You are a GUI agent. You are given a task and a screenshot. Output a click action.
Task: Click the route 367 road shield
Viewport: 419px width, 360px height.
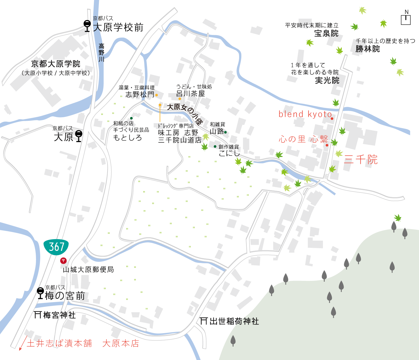click(x=56, y=247)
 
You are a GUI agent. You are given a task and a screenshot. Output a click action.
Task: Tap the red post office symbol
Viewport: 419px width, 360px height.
click(x=63, y=261)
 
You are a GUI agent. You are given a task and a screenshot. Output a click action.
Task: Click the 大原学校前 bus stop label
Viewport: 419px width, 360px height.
click(x=118, y=28)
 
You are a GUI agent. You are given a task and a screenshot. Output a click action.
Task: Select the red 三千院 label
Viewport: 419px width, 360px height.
click(x=361, y=160)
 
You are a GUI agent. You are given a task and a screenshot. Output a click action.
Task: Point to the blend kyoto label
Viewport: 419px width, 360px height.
click(x=305, y=114)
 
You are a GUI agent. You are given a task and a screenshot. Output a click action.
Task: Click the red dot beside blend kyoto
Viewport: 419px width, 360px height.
click(x=332, y=119)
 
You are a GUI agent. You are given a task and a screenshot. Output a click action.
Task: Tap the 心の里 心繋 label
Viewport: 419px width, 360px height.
click(x=303, y=139)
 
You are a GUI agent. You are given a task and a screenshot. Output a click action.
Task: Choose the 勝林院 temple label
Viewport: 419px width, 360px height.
click(x=368, y=49)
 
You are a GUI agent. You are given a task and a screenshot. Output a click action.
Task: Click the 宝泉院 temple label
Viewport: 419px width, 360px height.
click(x=326, y=33)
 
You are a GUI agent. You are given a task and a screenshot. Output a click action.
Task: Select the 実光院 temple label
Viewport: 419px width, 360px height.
click(x=327, y=81)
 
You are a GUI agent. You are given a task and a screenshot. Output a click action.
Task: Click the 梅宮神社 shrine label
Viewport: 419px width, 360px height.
click(x=59, y=315)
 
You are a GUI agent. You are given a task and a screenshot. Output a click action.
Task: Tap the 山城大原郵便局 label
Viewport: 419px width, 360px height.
click(x=88, y=270)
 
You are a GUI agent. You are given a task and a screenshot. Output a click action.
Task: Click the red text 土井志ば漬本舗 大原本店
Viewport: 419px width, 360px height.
click(x=83, y=343)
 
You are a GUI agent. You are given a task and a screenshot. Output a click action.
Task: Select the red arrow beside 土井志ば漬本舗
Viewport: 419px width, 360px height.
click(x=22, y=343)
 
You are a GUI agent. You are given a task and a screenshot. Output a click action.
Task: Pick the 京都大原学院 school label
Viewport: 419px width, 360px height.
click(x=56, y=64)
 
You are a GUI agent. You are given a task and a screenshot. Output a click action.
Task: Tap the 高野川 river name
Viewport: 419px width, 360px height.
click(x=101, y=52)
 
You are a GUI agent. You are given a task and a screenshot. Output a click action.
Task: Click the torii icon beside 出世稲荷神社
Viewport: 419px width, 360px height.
click(x=204, y=321)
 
